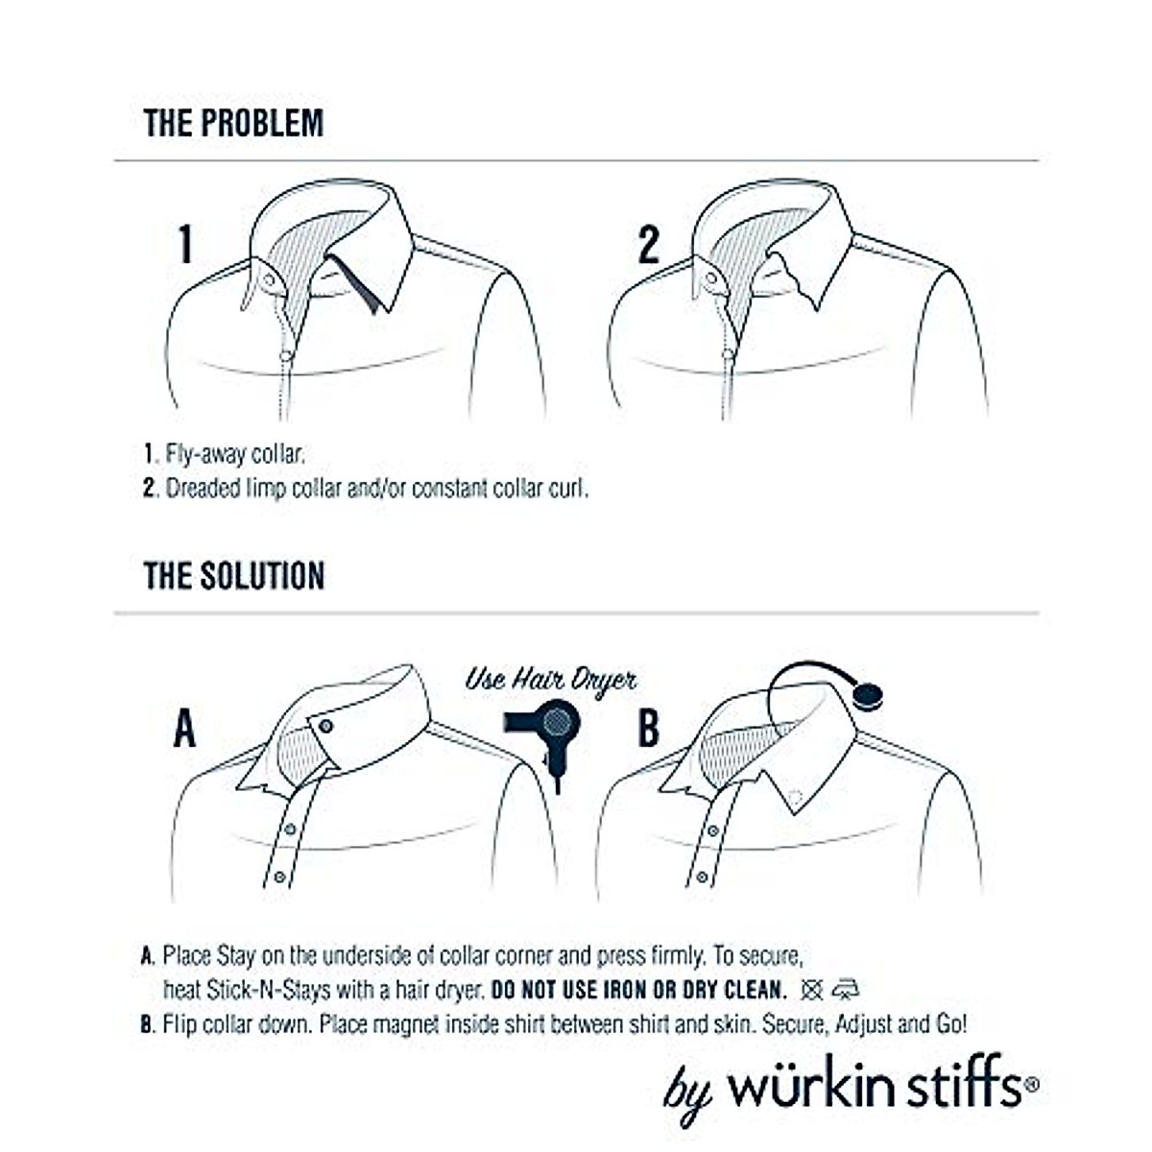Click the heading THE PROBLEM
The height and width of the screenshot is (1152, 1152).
click(x=233, y=123)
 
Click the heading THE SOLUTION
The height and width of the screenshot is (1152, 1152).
click(x=234, y=576)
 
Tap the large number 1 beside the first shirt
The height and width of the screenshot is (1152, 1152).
click(x=186, y=244)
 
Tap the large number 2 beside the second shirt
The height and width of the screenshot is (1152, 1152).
click(x=649, y=244)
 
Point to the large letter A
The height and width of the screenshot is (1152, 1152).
click(x=184, y=728)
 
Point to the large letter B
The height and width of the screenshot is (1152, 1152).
click(x=649, y=728)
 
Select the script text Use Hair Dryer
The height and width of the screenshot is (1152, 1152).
click(x=550, y=680)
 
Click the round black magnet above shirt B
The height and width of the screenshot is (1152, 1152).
click(x=867, y=694)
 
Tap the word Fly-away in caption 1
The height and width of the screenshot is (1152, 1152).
click(x=205, y=453)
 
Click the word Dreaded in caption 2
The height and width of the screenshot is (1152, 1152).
click(x=204, y=488)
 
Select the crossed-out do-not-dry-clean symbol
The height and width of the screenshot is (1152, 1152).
click(x=812, y=990)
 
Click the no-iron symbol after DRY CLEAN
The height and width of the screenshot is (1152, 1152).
click(x=846, y=990)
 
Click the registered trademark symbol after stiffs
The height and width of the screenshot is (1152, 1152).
click(x=1031, y=1084)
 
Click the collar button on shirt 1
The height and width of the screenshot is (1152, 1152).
click(x=269, y=279)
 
